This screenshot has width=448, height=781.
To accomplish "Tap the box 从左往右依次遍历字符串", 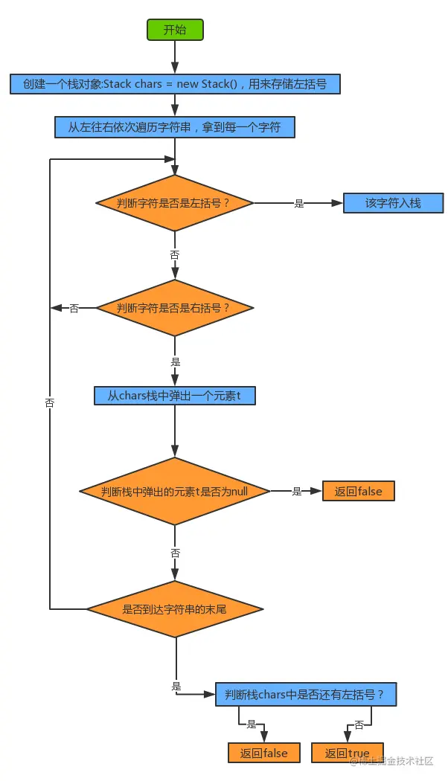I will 175,127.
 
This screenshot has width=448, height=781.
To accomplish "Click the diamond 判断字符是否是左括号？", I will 175,202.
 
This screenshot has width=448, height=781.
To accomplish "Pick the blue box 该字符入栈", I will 393,202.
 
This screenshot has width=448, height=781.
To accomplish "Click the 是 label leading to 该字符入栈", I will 299,203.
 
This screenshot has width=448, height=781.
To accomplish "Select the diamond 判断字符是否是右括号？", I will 175,307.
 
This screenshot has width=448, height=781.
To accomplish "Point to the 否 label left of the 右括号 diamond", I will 74,308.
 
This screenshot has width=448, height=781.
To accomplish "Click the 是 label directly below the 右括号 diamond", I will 176,361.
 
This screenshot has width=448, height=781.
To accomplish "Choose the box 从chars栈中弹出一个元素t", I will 175,396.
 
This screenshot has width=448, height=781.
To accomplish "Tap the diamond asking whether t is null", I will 175,491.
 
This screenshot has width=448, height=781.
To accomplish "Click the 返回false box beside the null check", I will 358,491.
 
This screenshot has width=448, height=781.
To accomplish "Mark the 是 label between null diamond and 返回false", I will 296,491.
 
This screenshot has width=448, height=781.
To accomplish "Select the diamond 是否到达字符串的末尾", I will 175,609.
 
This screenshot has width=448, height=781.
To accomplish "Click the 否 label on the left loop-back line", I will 50,402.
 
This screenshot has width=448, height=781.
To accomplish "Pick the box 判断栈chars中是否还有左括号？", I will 305,695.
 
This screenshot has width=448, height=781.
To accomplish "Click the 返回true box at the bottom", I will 347,753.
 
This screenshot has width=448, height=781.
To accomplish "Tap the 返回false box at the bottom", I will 263,753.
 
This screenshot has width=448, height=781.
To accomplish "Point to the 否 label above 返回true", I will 359,724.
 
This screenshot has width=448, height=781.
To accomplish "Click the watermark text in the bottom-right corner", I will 391,761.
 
